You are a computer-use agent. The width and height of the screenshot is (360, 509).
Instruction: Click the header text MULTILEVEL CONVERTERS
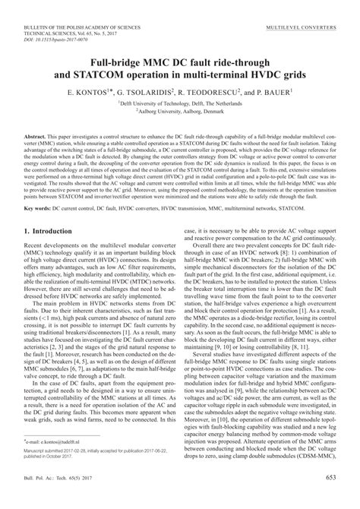[x=301, y=25]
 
